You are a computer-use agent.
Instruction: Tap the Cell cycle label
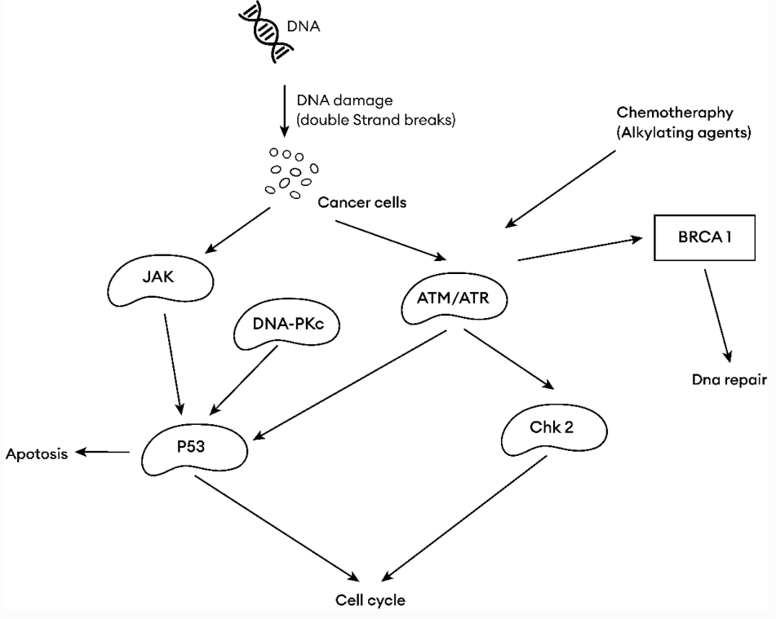369,599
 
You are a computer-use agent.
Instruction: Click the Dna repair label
724,378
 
